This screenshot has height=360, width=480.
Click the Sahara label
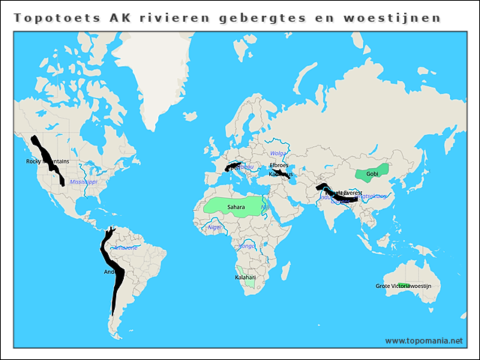point(235,206)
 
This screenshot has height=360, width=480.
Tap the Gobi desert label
point(373,174)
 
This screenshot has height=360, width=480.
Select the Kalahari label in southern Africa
point(245,277)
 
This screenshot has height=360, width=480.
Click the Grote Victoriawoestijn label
point(403,286)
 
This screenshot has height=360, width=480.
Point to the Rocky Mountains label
point(47,161)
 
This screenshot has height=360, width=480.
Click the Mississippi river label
point(83,181)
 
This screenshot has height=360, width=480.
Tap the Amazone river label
point(124,247)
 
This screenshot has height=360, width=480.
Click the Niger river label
point(215,226)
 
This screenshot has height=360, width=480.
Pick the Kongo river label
point(247,245)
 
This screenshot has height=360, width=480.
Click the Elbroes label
point(278,165)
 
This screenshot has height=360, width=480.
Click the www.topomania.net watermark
point(424,340)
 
